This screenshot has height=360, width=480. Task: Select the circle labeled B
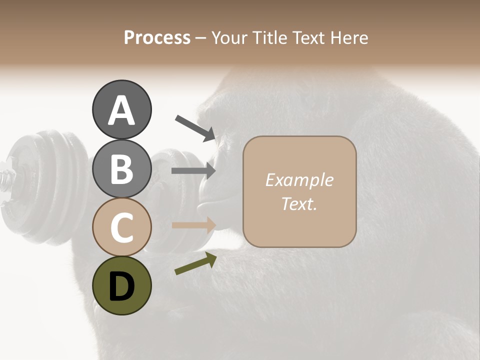click(121, 168)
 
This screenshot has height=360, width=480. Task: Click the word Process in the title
click(157, 37)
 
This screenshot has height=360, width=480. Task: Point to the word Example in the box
click(299, 180)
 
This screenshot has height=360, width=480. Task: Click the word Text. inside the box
click(299, 203)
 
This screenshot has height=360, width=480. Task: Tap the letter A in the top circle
click(121, 110)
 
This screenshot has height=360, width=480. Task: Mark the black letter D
click(121, 287)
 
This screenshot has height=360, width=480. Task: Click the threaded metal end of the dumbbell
click(6, 177)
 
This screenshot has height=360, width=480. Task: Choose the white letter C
click(121, 227)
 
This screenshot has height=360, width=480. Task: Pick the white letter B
click(121, 168)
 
